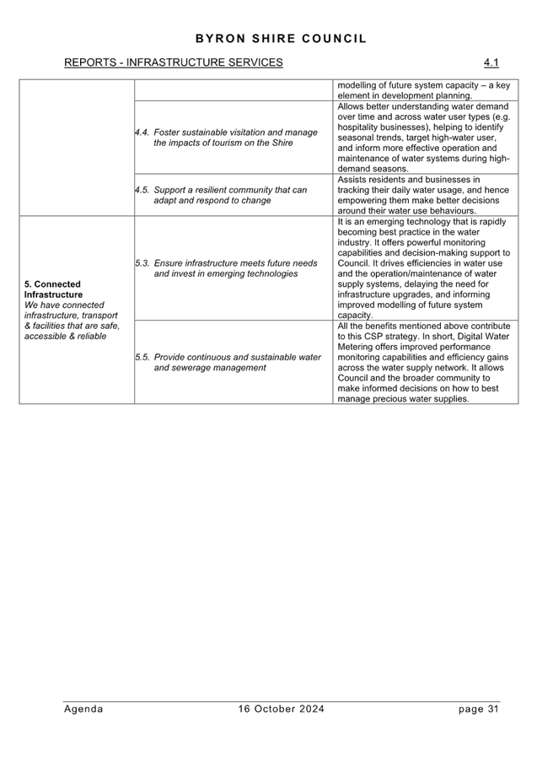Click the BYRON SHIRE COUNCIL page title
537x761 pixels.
(x=281, y=39)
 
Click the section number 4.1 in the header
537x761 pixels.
(x=491, y=62)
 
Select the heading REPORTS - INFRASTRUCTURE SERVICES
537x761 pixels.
(x=173, y=62)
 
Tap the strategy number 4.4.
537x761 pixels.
(x=142, y=132)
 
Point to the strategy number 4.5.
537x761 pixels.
(x=142, y=190)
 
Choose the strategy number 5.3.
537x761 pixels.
(x=142, y=263)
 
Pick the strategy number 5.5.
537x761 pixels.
(x=142, y=357)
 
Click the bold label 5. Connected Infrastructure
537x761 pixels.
(x=53, y=289)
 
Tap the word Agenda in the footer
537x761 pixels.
(x=83, y=709)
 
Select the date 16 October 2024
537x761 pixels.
(x=281, y=709)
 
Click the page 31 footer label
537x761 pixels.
(x=478, y=709)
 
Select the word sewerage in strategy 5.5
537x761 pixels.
(x=192, y=368)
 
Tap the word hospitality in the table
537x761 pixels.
(x=357, y=127)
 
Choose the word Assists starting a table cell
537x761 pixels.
(x=352, y=180)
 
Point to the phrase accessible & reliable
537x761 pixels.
(x=65, y=337)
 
